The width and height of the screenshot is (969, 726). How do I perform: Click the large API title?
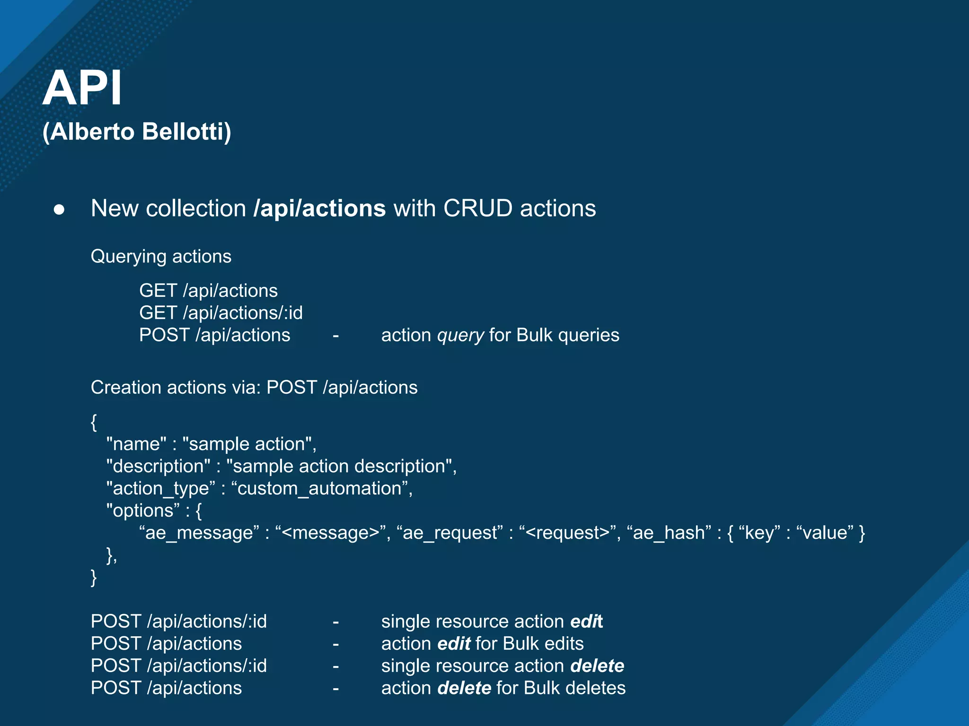pyautogui.click(x=82, y=88)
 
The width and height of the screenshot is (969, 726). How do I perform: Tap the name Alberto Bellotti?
pyautogui.click(x=137, y=131)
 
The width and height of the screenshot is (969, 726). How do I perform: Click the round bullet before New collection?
pyautogui.click(x=59, y=209)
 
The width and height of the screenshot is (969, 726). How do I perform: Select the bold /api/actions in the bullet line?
pyautogui.click(x=320, y=208)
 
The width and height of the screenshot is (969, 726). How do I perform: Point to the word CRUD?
pyautogui.click(x=477, y=208)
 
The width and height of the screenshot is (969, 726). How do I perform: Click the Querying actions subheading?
pyautogui.click(x=161, y=257)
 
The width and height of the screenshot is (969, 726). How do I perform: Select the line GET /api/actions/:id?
pyautogui.click(x=220, y=313)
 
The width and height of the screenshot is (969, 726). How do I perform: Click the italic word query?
pyautogui.click(x=460, y=336)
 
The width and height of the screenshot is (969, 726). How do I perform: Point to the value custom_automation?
pyautogui.click(x=319, y=489)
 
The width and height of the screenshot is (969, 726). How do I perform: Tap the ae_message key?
pyautogui.click(x=199, y=533)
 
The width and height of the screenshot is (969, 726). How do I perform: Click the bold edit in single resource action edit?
pyautogui.click(x=586, y=622)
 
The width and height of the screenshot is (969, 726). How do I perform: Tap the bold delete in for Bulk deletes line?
pyautogui.click(x=464, y=688)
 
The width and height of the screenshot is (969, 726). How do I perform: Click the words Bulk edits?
pyautogui.click(x=543, y=644)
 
